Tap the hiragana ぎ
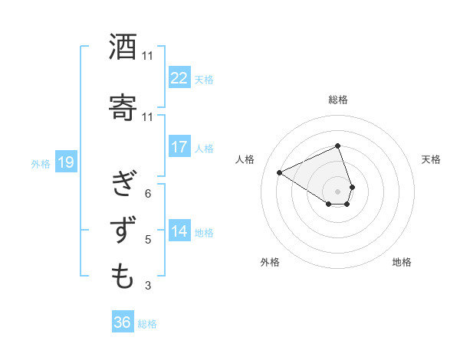pyautogui.click(x=123, y=185)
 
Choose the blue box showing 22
pyautogui.click(x=179, y=78)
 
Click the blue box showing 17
pyautogui.click(x=179, y=148)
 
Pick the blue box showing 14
pyautogui.click(x=179, y=232)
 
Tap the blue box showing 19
pyautogui.click(x=66, y=162)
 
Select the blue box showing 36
pyautogui.click(x=123, y=322)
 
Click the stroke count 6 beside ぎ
pyautogui.click(x=147, y=193)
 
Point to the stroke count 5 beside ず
pyautogui.click(x=147, y=240)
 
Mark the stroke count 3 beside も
pyautogui.click(x=147, y=286)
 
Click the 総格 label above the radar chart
pyautogui.click(x=337, y=100)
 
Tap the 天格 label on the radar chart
pyautogui.click(x=431, y=159)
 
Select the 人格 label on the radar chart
pyautogui.click(x=245, y=159)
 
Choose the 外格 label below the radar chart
pyautogui.click(x=270, y=262)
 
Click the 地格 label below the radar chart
pyautogui.click(x=402, y=262)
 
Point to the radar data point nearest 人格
pyautogui.click(x=280, y=172)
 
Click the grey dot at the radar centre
pyautogui.click(x=337, y=191)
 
